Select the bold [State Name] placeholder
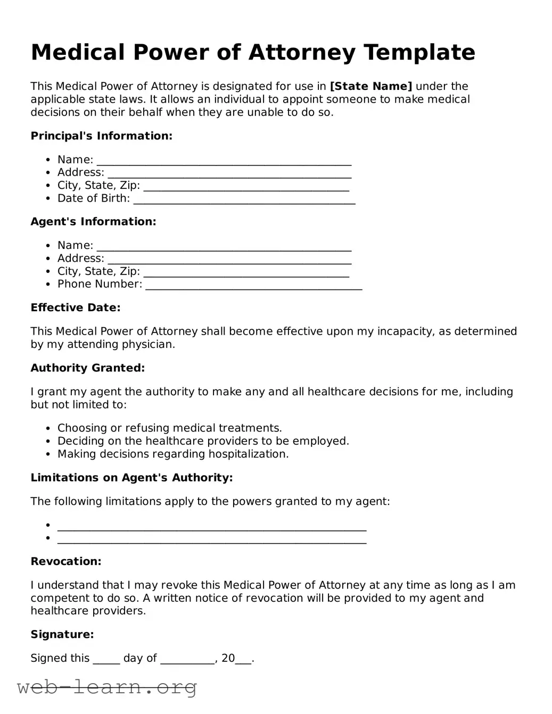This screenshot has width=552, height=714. (x=371, y=86)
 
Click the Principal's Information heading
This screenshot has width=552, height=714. (x=101, y=136)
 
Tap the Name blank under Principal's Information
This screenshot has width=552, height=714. (x=224, y=160)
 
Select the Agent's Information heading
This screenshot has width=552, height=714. (x=93, y=221)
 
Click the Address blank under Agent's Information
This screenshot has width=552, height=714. (x=229, y=259)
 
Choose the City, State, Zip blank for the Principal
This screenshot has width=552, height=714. (x=246, y=186)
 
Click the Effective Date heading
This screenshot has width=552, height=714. (x=76, y=308)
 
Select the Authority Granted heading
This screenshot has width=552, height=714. (x=87, y=368)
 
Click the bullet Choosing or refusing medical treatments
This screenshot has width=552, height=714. (x=169, y=428)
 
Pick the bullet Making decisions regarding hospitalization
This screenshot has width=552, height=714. (x=172, y=454)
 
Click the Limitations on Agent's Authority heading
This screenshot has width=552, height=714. (x=131, y=477)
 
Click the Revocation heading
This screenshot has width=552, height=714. (x=65, y=561)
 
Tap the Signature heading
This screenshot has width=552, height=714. (x=62, y=634)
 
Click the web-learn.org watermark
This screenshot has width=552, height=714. (x=107, y=687)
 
